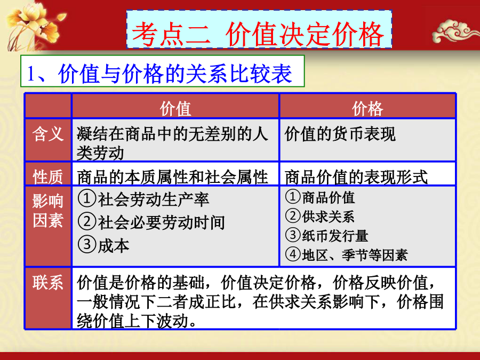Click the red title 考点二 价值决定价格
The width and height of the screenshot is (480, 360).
point(258,34)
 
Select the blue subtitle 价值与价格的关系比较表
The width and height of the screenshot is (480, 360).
point(175,74)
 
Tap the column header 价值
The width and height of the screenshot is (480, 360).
point(175,109)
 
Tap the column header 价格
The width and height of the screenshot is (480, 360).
point(367,109)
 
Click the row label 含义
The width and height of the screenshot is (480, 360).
point(48,134)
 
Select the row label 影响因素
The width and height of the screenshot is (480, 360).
point(48,211)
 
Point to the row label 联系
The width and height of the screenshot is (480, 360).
point(48,282)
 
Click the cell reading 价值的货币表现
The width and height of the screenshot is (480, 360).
point(340,134)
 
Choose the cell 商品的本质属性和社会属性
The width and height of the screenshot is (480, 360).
point(172,177)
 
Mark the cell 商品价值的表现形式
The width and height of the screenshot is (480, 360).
point(356,177)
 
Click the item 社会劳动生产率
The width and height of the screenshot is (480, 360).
point(154,199)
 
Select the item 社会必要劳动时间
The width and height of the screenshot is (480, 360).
point(161,222)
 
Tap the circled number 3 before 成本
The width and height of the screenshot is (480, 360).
point(87,244)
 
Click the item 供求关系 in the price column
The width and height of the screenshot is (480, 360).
point(328,217)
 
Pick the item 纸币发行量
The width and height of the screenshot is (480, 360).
point(335,236)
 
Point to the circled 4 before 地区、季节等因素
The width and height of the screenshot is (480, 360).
point(293,254)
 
